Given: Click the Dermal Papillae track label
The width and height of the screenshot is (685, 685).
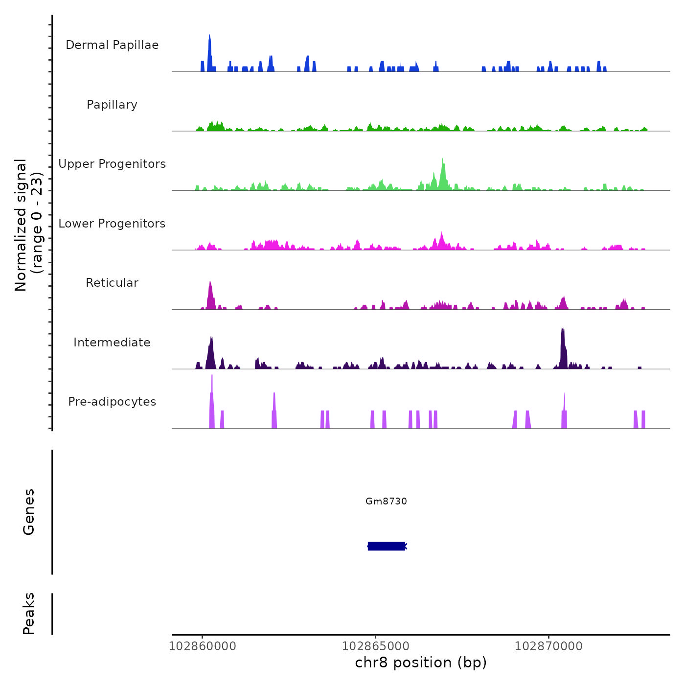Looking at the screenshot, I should click(x=112, y=45).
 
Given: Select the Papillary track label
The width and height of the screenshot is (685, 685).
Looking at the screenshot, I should click(x=112, y=105).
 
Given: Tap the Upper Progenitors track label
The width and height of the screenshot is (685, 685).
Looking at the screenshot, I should click(x=112, y=164).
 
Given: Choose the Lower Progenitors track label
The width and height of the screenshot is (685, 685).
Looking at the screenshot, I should click(x=112, y=224).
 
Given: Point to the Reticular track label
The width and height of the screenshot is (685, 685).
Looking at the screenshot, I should click(x=112, y=283).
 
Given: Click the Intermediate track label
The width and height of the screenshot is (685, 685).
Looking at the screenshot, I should click(x=112, y=342).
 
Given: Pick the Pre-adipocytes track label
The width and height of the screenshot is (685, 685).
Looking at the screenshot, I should click(x=112, y=402).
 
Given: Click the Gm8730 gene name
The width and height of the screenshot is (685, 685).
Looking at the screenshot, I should click(x=386, y=501).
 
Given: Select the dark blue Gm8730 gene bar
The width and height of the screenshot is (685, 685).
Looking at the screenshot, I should click(x=387, y=546).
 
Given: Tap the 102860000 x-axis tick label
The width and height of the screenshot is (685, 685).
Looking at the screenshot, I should click(x=202, y=646).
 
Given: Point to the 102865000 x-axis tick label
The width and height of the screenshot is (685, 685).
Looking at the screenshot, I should click(x=375, y=646).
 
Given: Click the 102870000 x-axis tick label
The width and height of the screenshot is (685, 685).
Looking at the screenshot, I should click(x=548, y=646).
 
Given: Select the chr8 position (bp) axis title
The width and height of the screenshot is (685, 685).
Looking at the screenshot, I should click(x=421, y=663).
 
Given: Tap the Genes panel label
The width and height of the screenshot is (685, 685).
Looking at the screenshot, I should click(x=29, y=512).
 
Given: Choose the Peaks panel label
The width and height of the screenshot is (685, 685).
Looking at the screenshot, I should click(x=29, y=614).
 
